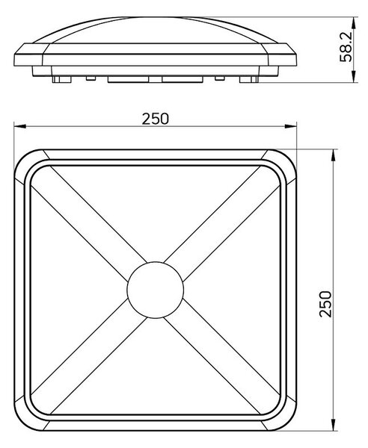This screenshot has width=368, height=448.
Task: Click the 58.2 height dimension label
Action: pos(346,47)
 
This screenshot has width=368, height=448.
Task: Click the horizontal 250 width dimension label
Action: pos(156,119)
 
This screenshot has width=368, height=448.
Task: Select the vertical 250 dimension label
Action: pos(325,304)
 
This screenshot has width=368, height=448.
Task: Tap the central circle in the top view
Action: pos(155,290)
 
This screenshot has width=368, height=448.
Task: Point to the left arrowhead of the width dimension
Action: pos(20,126)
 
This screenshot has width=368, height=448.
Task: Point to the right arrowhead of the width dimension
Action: pos(290,126)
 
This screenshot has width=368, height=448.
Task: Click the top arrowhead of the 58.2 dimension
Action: pos(354,23)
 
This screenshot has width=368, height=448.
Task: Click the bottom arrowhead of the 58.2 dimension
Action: pos(354,77)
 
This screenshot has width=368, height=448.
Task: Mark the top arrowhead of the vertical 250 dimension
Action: pos(333,155)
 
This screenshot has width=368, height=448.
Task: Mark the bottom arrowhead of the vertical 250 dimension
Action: pos(333,424)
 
